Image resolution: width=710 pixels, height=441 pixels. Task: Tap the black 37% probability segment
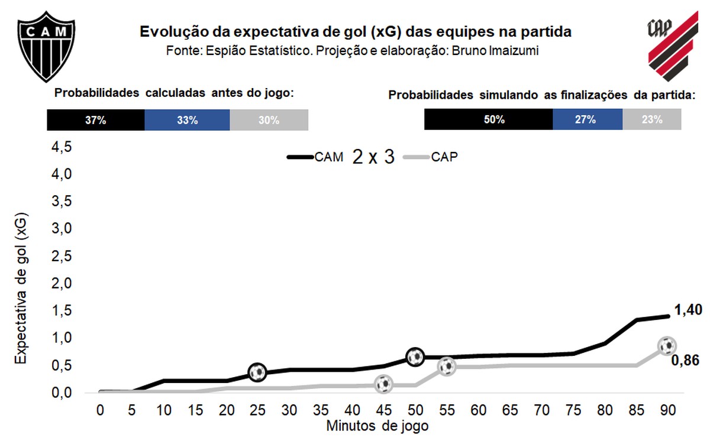(95, 120)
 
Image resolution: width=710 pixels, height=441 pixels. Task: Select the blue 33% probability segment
(187, 120)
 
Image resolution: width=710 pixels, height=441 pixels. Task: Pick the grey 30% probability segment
(269, 120)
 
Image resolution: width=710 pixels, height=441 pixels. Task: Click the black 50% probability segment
(488, 119)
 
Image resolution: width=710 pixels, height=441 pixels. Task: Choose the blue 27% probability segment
(587, 119)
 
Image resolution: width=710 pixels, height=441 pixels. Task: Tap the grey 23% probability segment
(651, 119)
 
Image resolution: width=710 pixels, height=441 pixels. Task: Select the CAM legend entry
(314, 157)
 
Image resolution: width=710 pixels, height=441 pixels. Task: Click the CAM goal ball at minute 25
(257, 372)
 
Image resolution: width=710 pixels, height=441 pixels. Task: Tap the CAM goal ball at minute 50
(415, 356)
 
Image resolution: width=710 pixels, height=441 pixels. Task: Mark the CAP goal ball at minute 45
(384, 384)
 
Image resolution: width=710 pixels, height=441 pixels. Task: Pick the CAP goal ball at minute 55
(447, 367)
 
